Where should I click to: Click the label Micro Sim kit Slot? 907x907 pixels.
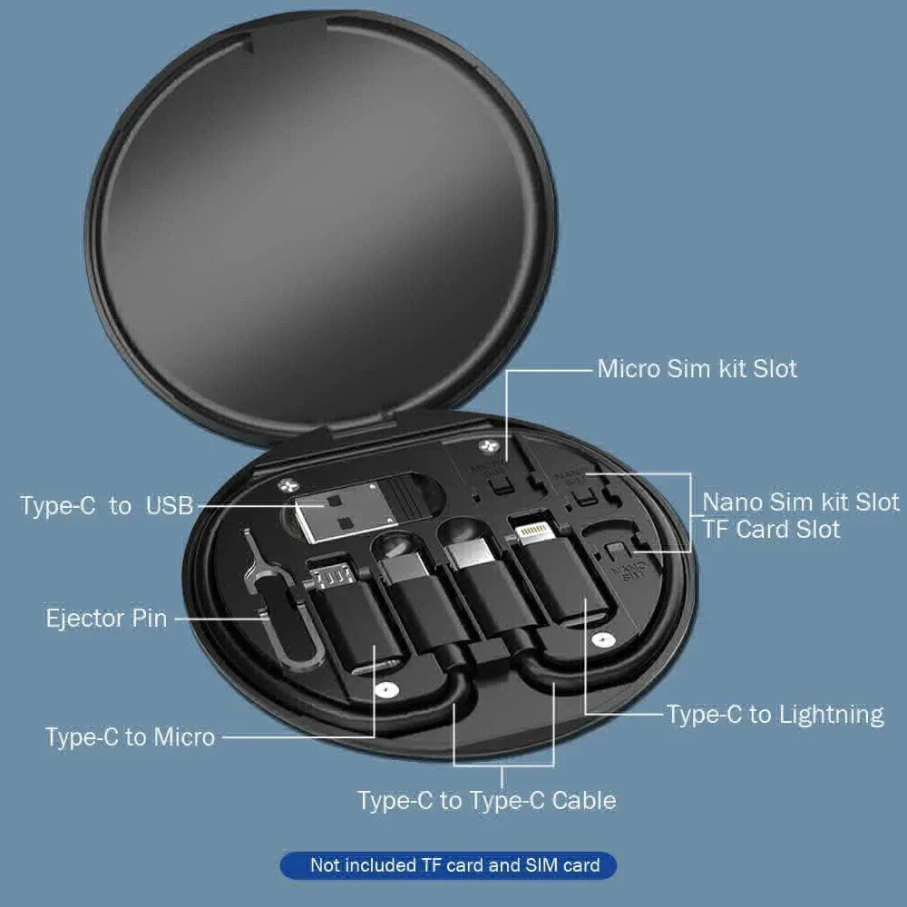[x=697, y=369]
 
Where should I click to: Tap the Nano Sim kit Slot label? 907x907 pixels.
[x=801, y=502]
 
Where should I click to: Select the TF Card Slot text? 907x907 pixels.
[x=771, y=529]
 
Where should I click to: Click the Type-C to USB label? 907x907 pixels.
[x=107, y=505]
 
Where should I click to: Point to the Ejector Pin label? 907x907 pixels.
[x=106, y=619]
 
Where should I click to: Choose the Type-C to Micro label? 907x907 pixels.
[x=130, y=736]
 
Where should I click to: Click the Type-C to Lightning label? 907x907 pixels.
[x=775, y=715]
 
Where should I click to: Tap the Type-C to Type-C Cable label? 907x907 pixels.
[x=486, y=800]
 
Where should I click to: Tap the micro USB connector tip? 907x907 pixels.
[x=330, y=573]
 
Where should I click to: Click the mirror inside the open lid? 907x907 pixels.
[x=322, y=227]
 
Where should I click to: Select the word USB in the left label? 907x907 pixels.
[x=170, y=505]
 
